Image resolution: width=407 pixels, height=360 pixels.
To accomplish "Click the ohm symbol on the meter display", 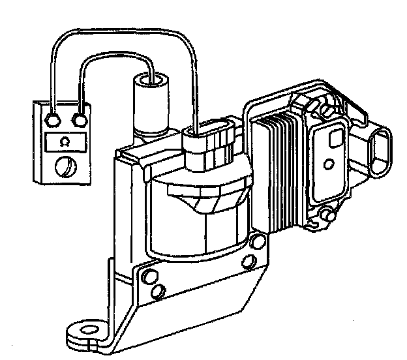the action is coord(64,141).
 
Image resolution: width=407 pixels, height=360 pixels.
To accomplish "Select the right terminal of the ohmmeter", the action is coord(80,120).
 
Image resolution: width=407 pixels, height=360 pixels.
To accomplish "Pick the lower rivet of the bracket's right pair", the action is coord(248,262).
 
